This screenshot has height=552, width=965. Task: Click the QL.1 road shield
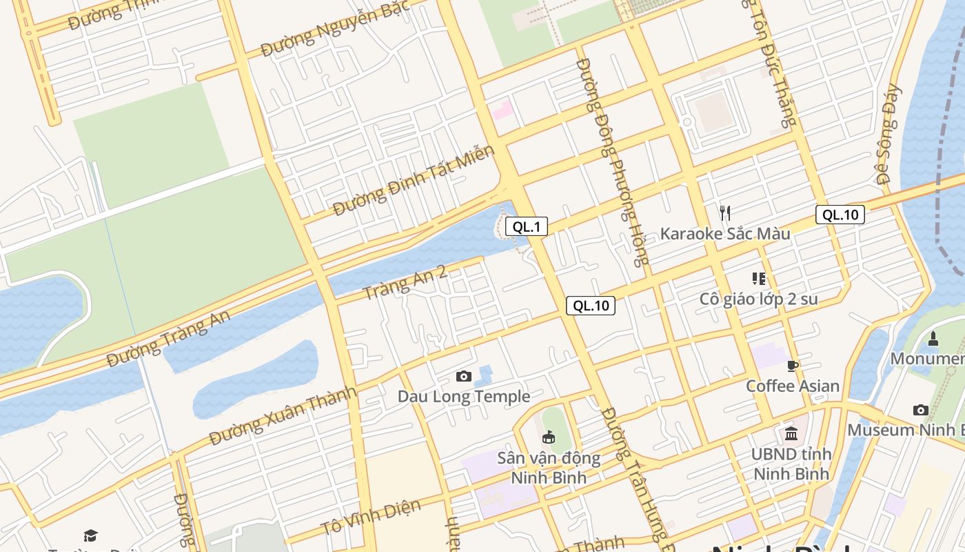tap(526, 226)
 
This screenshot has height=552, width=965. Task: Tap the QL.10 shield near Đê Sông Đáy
tap(840, 215)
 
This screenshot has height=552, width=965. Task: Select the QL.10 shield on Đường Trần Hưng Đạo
tap(590, 306)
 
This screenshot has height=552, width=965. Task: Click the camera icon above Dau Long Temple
tap(464, 376)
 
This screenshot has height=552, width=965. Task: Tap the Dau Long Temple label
tap(464, 397)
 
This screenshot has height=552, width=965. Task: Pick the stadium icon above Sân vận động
tap(549, 437)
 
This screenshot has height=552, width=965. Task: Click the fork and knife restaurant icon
tap(724, 213)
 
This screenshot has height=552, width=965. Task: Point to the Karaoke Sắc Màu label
tap(725, 234)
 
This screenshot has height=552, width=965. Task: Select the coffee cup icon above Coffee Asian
tap(793, 365)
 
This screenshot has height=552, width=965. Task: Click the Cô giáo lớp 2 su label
tap(758, 299)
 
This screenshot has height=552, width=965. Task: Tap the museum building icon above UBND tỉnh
tap(791, 434)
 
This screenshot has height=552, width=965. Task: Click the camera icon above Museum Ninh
tap(920, 410)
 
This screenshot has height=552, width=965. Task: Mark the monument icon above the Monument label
tap(933, 338)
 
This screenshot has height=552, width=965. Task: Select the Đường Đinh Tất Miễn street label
tap(414, 181)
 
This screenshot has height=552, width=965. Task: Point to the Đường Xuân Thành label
tap(283, 416)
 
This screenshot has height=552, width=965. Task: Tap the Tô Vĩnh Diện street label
tap(370, 517)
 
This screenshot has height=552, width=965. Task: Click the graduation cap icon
tap(90, 535)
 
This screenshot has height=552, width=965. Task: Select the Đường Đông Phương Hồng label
tap(612, 162)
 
